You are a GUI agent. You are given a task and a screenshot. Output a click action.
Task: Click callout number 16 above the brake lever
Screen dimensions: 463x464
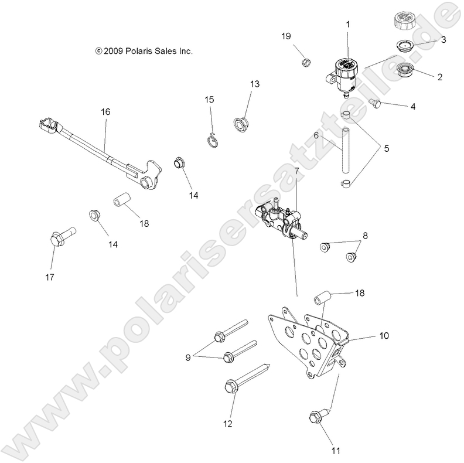tap(105, 111)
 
